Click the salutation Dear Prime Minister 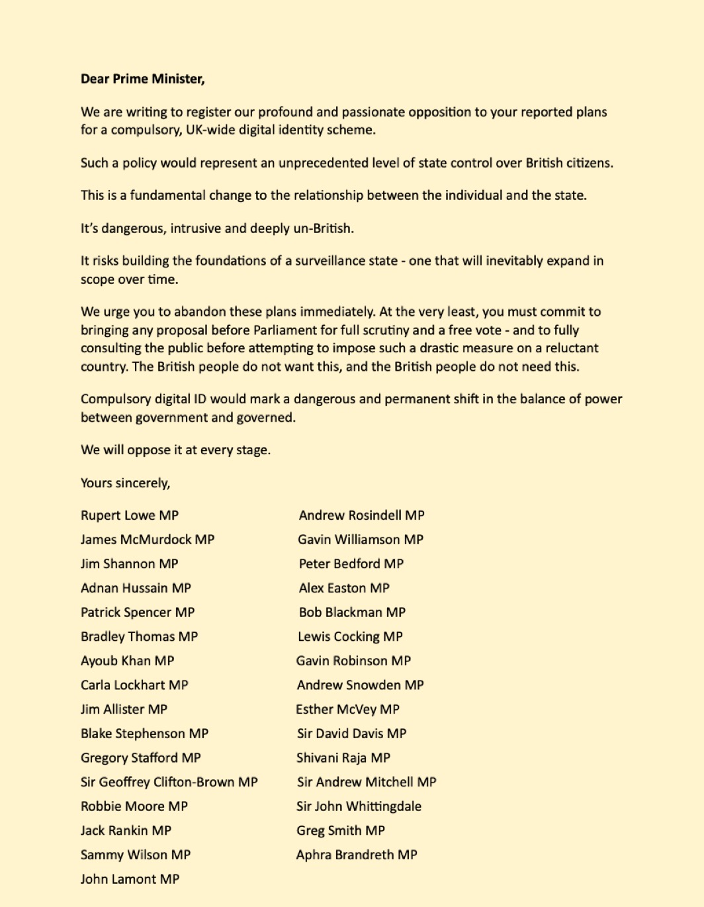click(x=142, y=79)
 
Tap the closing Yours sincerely click(x=125, y=483)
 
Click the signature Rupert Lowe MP click(x=130, y=515)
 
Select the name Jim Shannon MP click(x=130, y=563)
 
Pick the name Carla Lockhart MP click(x=134, y=685)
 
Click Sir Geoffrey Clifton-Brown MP click(x=169, y=782)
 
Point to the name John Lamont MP click(x=130, y=879)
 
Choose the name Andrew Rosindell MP click(x=361, y=515)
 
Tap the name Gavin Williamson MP click(x=361, y=540)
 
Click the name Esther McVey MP click(x=347, y=709)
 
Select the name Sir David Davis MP click(x=351, y=734)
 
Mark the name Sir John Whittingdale click(x=359, y=806)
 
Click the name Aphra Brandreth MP click(x=357, y=855)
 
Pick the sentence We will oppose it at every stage click(x=175, y=450)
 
